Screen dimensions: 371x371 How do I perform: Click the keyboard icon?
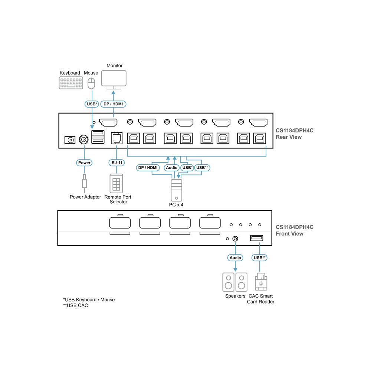click(x=71, y=83)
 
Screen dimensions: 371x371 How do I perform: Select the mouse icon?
click(x=91, y=83)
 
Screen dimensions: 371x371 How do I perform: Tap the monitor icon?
click(x=114, y=80)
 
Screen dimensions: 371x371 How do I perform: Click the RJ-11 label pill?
click(x=116, y=163)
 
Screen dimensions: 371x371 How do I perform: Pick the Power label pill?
click(x=84, y=163)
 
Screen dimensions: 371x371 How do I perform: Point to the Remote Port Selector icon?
click(x=116, y=184)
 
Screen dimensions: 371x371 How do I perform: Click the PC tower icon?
click(x=177, y=190)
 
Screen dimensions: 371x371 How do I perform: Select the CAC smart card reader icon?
click(x=261, y=282)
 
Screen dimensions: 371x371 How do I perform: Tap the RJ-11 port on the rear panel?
click(x=116, y=138)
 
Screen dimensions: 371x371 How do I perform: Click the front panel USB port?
click(x=256, y=238)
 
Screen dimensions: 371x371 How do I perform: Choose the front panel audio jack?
click(x=235, y=239)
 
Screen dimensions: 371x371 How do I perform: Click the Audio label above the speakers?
click(x=235, y=258)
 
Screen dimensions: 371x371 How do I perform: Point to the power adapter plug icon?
click(x=84, y=183)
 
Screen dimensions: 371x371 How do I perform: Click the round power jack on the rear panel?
click(x=83, y=139)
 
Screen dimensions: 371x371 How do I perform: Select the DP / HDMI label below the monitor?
click(x=113, y=104)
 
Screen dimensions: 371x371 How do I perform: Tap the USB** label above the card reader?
click(x=260, y=258)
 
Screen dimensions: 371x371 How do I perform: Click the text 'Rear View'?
click(x=289, y=137)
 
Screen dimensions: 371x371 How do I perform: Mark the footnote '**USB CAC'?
click(x=75, y=305)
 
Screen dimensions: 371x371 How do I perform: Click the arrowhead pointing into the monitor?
click(x=113, y=92)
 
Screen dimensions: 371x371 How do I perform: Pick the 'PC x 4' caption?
click(x=176, y=205)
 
